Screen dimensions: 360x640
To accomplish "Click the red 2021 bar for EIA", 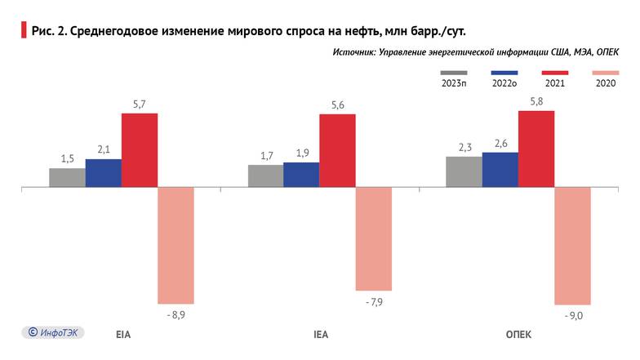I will click(x=140, y=150).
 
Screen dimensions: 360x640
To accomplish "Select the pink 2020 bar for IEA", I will click(x=373, y=238).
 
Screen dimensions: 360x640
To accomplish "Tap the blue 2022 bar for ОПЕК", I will click(x=500, y=170).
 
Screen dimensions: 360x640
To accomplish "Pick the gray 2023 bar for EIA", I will click(x=67, y=178).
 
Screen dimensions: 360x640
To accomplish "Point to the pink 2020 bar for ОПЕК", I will click(x=572, y=246).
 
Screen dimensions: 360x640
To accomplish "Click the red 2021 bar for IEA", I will click(x=337, y=151).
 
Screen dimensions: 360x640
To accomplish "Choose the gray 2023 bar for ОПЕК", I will click(x=464, y=172).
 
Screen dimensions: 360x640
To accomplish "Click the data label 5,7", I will click(x=140, y=104).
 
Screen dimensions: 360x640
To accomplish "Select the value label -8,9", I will click(x=176, y=313).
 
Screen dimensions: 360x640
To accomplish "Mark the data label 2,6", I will click(x=500, y=144).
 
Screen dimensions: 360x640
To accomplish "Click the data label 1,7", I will click(x=265, y=156).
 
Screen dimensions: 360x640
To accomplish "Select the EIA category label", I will click(x=122, y=336).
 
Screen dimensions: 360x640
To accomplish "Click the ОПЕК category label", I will click(x=518, y=336).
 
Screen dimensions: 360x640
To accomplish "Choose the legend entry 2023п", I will click(x=454, y=82).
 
